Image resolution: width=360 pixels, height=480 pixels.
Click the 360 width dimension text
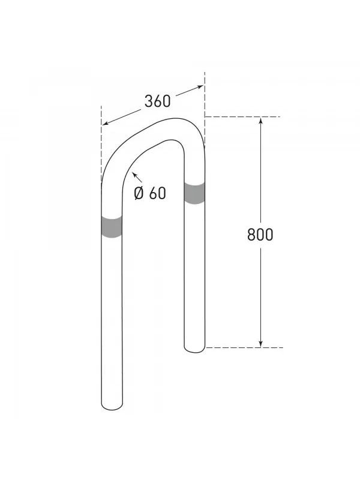pyautogui.click(x=157, y=101)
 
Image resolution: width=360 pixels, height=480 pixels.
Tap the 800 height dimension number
pyautogui.click(x=260, y=234)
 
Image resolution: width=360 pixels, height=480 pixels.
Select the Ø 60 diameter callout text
pyautogui.click(x=149, y=193)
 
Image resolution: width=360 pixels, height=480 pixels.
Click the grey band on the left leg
pyautogui.click(x=112, y=227)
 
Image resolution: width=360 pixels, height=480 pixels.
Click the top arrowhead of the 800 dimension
pyautogui.click(x=260, y=121)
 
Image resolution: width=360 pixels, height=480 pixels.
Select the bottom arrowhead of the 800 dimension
pyautogui.click(x=260, y=343)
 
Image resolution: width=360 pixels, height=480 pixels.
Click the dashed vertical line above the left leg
pyautogui.click(x=101, y=144)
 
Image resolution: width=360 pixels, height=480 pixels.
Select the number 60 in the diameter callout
pyautogui.click(x=157, y=193)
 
